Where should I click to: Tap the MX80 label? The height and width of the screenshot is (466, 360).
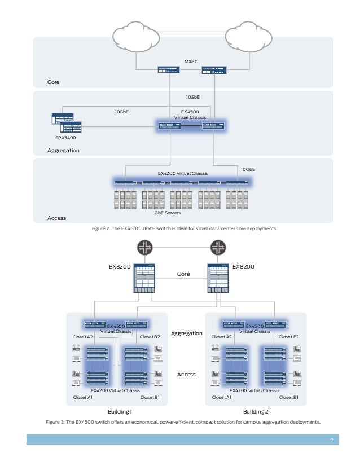click(x=192, y=61)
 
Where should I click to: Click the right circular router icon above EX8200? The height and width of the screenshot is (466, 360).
click(x=217, y=247)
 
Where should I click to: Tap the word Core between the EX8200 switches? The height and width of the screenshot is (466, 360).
click(x=183, y=274)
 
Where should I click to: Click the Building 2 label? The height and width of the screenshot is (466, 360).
click(x=255, y=412)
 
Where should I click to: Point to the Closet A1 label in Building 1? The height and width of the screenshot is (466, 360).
click(x=84, y=397)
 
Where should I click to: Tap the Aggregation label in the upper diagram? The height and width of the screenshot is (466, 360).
click(x=64, y=151)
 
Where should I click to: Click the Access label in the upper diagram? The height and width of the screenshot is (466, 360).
click(x=57, y=218)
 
